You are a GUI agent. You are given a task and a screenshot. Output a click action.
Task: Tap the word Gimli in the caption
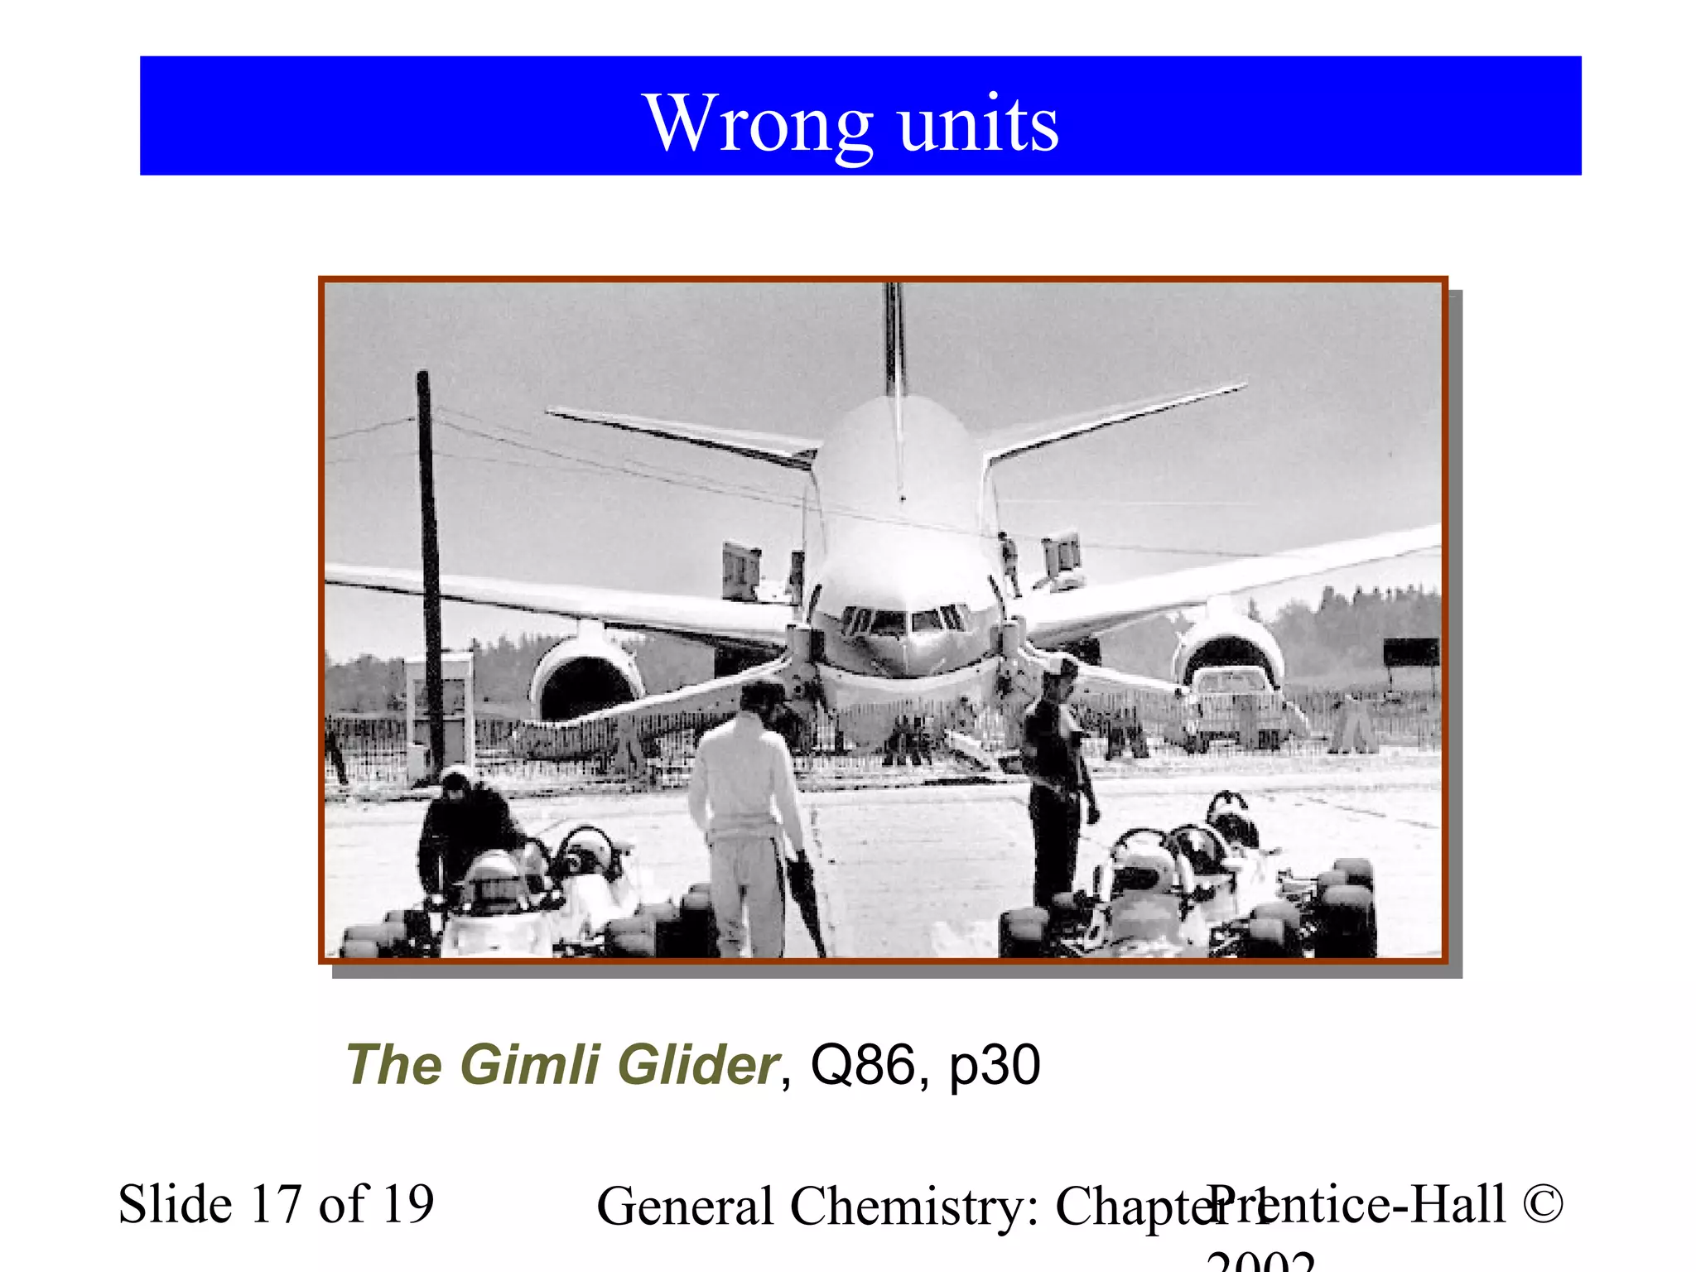[530, 1065]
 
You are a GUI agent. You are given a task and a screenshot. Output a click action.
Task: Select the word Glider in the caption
[696, 1065]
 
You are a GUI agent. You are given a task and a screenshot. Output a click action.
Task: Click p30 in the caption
[994, 1065]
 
